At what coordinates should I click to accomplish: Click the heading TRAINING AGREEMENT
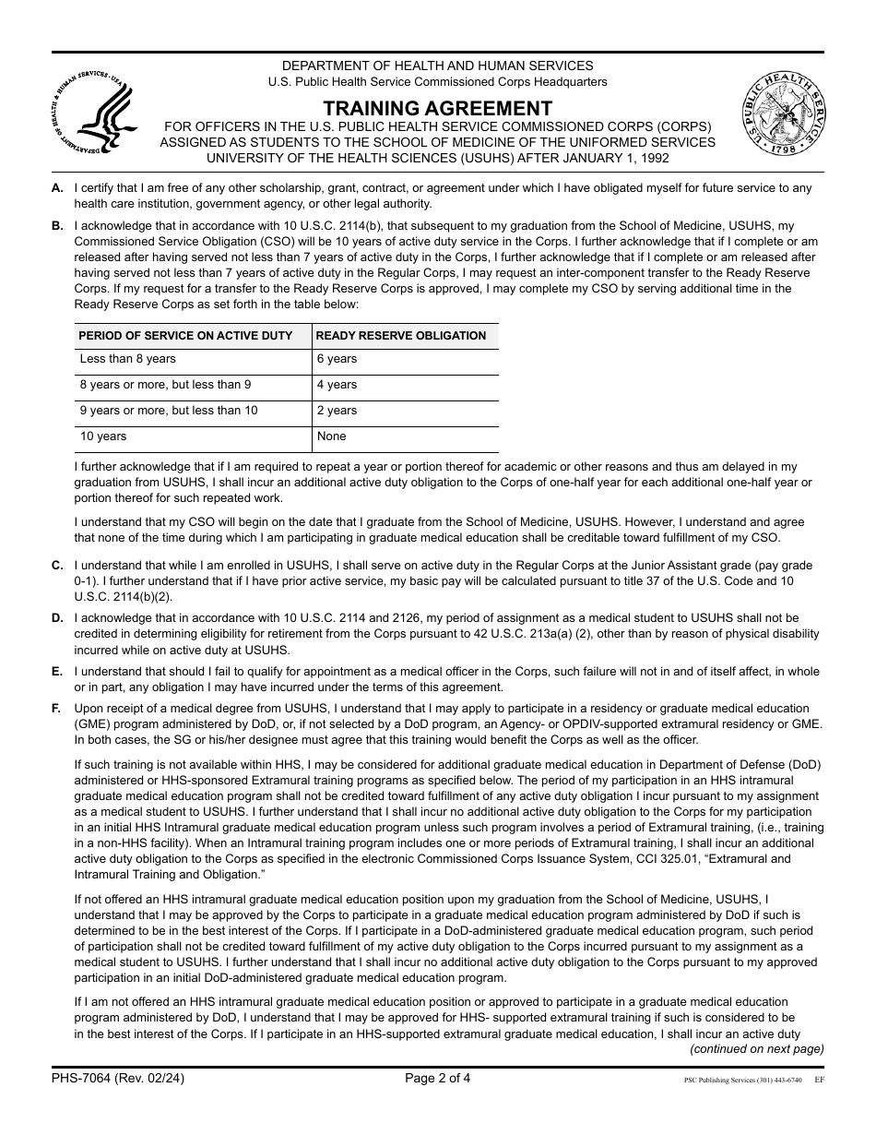point(438,108)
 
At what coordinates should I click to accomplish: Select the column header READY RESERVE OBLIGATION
point(401,336)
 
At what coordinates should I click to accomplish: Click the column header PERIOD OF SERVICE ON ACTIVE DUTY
point(186,336)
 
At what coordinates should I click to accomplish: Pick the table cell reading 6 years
point(337,360)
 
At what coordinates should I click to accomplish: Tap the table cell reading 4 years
point(337,386)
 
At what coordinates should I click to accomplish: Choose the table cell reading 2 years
point(337,412)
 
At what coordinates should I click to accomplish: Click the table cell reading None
point(332,437)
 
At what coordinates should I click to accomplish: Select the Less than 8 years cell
point(128,360)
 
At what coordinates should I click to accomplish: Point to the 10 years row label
point(103,437)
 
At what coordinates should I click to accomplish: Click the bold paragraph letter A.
point(57,188)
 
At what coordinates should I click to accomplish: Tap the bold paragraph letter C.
point(57,565)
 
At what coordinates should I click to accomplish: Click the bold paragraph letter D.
point(57,617)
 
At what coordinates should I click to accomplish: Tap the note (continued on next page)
point(757,1049)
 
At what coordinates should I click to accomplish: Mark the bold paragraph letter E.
point(57,671)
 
